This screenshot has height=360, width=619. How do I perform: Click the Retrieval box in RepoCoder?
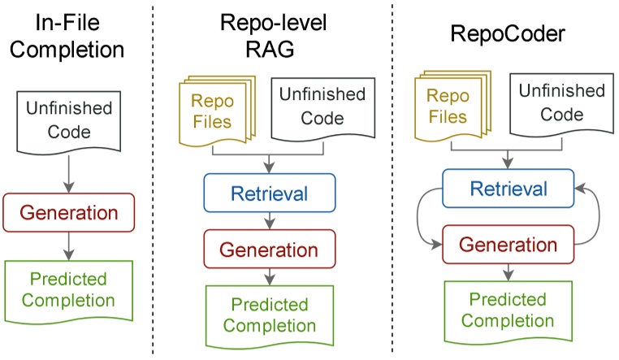point(509,188)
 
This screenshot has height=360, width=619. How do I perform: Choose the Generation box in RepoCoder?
point(509,243)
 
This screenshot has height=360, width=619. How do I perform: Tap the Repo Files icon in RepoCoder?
point(450,106)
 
